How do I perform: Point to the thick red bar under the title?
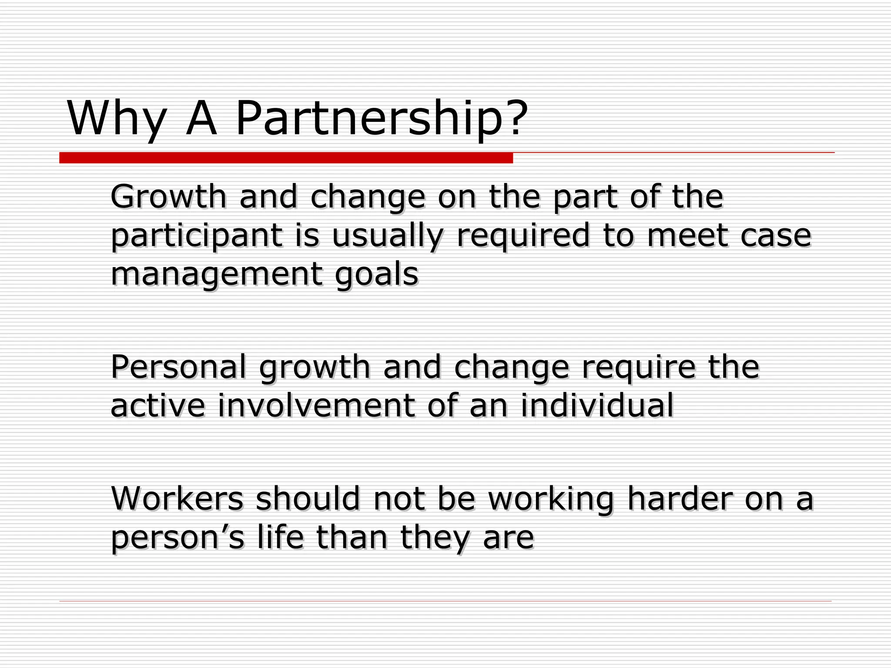pyautogui.click(x=286, y=158)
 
